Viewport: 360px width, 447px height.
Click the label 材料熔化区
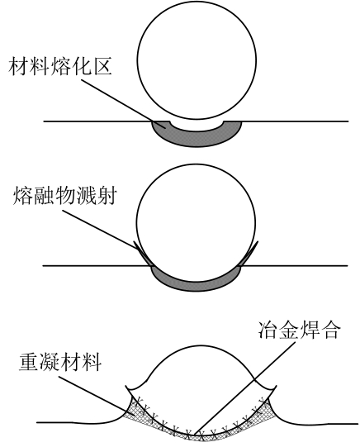pos(60,66)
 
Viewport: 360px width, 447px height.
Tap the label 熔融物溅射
pos(65,196)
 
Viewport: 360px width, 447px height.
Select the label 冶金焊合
pos(299,330)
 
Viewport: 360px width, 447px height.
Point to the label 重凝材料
pos(60,362)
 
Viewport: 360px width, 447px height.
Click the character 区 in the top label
pos(102,66)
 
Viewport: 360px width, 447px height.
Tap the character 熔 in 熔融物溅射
pos(22,196)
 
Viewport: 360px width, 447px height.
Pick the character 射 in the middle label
pos(107,196)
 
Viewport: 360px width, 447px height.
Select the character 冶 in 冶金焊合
pos(268,330)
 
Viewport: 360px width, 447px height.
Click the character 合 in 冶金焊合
pos(331,330)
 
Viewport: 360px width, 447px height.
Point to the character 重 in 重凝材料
pos(28,362)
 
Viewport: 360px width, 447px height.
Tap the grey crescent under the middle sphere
pos(197,283)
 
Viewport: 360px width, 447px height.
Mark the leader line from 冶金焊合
pos(245,388)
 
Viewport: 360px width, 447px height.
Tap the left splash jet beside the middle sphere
pos(144,254)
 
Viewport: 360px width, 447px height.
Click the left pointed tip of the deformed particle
pos(126,388)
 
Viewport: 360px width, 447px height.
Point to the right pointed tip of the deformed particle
pos(276,387)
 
